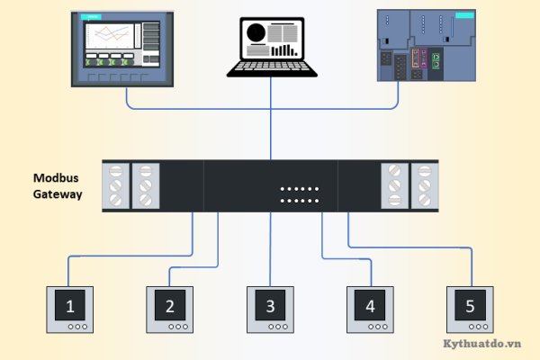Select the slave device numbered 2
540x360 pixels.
tap(170, 310)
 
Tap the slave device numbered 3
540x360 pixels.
tap(271, 310)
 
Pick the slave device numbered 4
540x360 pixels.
tap(370, 310)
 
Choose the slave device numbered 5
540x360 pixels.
tap(470, 310)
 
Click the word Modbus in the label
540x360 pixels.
tap(58, 177)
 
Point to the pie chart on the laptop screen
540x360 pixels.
tap(256, 32)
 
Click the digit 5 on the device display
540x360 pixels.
tap(470, 306)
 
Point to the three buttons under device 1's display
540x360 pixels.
tap(71, 327)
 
